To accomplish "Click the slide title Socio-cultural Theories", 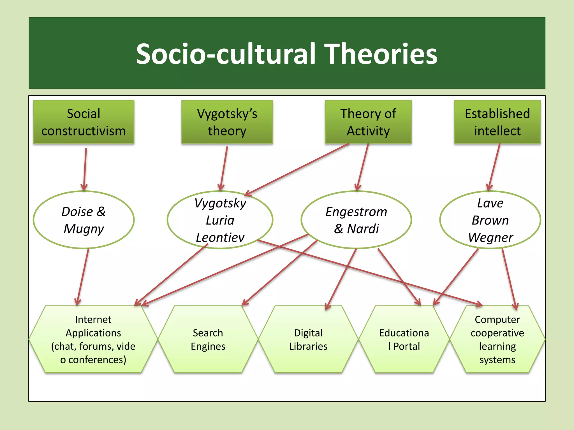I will coord(286,54).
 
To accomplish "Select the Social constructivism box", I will coord(84,122).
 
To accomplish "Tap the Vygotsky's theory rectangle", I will coord(227,122).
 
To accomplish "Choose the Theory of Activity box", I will coord(368,122).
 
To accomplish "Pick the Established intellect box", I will coord(497,122).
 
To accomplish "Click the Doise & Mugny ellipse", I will coord(84,220).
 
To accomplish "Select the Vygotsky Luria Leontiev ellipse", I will coord(220,220).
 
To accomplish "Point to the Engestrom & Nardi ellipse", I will coord(356,220).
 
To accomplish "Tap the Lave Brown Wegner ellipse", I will coord(490,220).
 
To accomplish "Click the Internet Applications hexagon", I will coord(93,339).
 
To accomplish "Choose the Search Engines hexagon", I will coord(208,339).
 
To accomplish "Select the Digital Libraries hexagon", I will coord(308,339).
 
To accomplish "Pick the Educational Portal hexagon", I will coord(404,339).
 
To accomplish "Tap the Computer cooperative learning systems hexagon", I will coord(497,339).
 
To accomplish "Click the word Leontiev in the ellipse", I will coord(220,237).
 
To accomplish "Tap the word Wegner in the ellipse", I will coord(490,237).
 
